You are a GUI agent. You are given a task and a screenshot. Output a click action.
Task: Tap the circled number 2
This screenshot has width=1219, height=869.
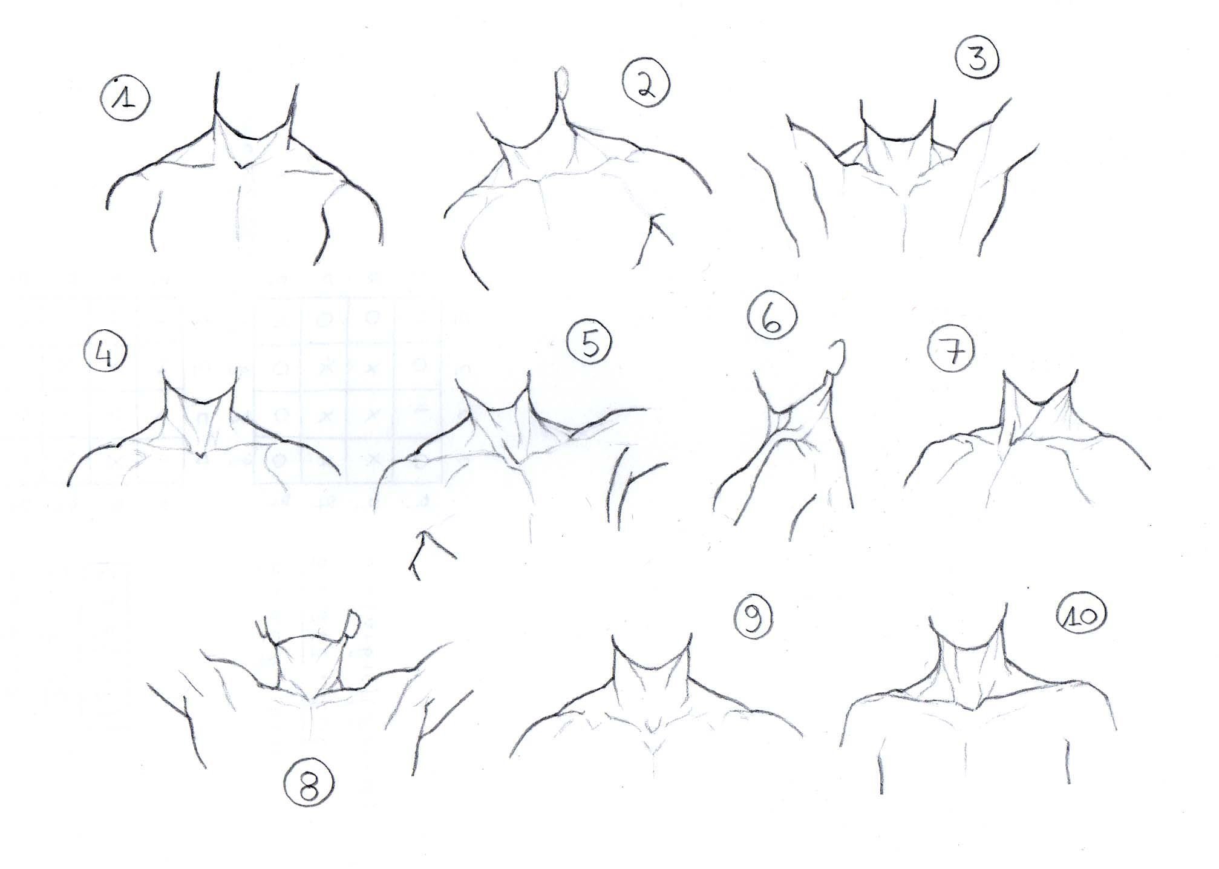click(x=647, y=85)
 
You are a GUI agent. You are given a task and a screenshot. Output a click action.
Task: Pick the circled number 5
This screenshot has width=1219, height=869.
click(x=589, y=343)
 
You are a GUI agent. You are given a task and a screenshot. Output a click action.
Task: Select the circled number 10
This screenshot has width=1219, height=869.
click(x=1081, y=615)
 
